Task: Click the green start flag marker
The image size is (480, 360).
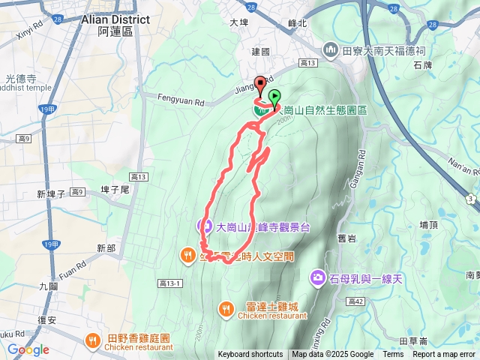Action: (x=274, y=97)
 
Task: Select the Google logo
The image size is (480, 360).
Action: (x=28, y=349)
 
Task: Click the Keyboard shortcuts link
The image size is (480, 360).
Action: (x=250, y=355)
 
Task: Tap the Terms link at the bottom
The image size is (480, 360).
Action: (x=393, y=355)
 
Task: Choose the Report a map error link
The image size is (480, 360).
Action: (x=445, y=355)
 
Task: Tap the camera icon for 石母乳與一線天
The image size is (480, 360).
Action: (x=318, y=279)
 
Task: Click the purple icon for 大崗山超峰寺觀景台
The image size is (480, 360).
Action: (x=203, y=225)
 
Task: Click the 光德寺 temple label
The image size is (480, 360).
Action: (x=19, y=77)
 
